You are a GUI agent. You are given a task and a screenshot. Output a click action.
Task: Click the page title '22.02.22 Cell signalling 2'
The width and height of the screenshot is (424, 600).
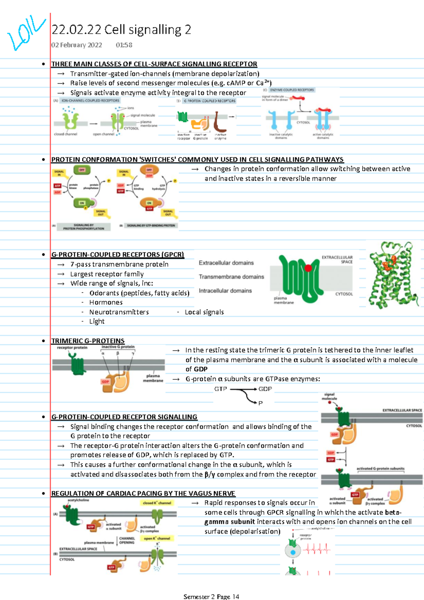coord(121,30)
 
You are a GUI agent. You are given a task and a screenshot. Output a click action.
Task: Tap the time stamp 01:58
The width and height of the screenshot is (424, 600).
coord(124,45)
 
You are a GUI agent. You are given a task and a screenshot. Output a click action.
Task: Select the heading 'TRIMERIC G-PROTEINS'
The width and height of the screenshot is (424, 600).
coord(88,341)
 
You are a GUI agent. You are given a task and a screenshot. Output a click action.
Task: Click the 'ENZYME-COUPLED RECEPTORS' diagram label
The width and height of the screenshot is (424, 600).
coord(291,90)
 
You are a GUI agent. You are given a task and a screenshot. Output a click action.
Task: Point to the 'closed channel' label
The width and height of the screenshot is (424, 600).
coord(66,134)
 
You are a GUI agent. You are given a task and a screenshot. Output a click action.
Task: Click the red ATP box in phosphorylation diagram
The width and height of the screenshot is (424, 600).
coord(57,186)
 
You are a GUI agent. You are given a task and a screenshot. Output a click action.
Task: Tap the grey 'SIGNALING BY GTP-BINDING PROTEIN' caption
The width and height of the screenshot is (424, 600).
coord(151,225)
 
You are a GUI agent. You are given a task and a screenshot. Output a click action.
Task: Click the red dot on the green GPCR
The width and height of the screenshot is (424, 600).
coord(308,268)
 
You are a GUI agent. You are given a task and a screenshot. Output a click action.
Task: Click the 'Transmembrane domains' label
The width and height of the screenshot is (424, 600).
coord(231,277)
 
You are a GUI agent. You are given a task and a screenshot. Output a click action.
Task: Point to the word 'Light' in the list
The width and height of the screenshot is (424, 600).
coord(97,321)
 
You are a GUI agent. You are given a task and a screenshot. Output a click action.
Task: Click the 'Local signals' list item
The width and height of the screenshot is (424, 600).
coord(204,312)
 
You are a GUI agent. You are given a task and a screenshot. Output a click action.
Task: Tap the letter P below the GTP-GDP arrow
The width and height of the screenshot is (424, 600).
coord(260,403)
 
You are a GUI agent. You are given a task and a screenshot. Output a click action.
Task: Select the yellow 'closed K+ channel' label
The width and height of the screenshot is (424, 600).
coord(157,503)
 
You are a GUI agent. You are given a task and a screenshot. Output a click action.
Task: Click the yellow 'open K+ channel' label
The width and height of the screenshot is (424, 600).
coord(157,539)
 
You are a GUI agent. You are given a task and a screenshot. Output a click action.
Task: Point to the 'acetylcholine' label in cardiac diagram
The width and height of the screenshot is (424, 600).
coord(78,500)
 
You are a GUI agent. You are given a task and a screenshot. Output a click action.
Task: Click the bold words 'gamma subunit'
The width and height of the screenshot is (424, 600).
coord(230,522)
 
